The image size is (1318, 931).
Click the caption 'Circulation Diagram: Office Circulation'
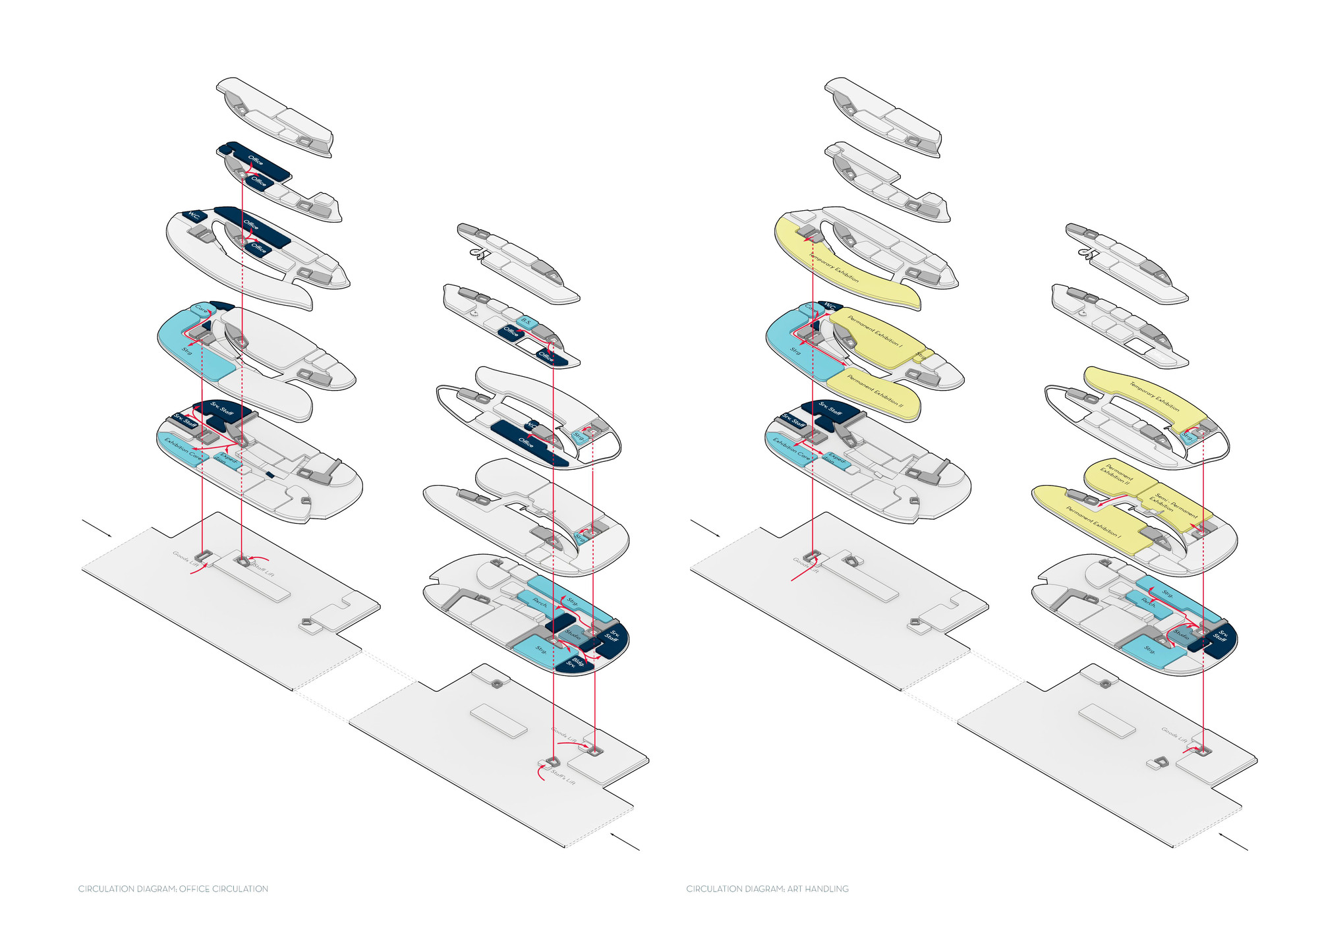(173, 889)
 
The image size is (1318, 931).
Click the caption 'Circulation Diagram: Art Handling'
(767, 889)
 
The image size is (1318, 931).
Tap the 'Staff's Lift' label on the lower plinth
(563, 777)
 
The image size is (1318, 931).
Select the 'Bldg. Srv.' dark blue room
(575, 662)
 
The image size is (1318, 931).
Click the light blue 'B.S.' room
(526, 322)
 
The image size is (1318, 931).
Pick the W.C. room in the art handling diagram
(830, 307)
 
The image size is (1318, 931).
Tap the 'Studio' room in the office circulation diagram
(573, 635)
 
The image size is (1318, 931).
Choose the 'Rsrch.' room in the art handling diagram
(1148, 602)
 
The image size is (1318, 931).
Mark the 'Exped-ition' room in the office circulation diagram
(228, 459)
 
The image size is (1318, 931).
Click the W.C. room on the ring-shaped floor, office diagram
(193, 216)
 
